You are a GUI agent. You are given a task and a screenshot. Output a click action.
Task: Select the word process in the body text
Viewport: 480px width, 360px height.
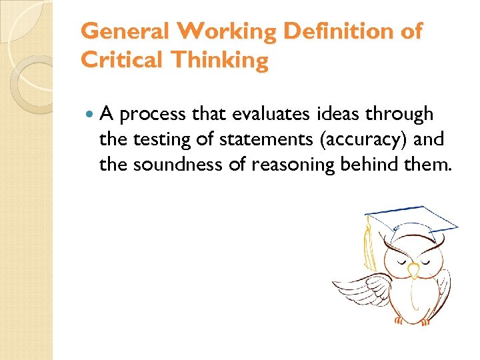pos(154,115)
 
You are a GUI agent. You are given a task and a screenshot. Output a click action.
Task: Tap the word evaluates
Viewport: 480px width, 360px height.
pos(265,115)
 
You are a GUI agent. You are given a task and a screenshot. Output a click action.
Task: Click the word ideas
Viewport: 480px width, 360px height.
pos(331,115)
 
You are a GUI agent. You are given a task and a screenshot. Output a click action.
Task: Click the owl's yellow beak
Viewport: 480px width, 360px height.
pos(413,269)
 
